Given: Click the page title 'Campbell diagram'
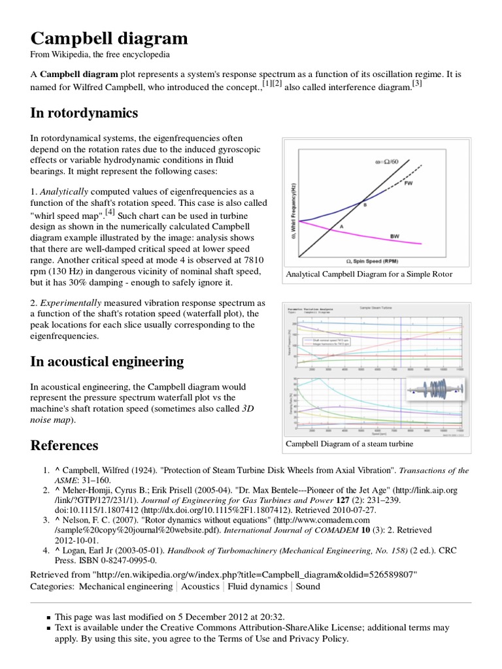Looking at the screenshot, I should pyautogui.click(x=109, y=37).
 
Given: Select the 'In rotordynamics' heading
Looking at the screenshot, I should pyautogui.click(x=84, y=113).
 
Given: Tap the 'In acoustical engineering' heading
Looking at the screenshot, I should pyautogui.click(x=107, y=361).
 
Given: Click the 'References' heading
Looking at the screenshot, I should pyautogui.click(x=65, y=446).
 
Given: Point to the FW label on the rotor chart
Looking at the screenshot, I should pyautogui.click(x=409, y=184).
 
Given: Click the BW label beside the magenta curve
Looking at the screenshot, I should pyautogui.click(x=412, y=235).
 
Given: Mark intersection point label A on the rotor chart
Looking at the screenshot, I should pyautogui.click(x=340, y=226).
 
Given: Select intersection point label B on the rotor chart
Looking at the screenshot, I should pyautogui.click(x=365, y=205).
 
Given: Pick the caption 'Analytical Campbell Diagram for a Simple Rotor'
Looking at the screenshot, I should pyautogui.click(x=369, y=275).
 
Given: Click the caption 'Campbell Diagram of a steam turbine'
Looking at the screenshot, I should pyautogui.click(x=350, y=444).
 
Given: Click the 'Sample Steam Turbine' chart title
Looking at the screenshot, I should pyautogui.click(x=376, y=306).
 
